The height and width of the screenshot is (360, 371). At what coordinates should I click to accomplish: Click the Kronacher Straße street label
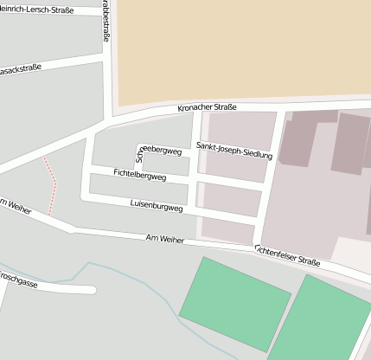point(212,107)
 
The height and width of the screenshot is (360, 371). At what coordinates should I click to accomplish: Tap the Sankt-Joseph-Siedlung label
point(234,150)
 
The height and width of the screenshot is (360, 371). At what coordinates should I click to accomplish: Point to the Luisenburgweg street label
point(156,208)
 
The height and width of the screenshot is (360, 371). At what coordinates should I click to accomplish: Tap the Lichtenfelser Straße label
point(287,255)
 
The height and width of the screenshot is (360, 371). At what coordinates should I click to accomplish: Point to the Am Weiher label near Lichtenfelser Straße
point(164,238)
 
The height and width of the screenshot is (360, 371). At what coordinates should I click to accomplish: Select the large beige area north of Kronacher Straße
point(242,48)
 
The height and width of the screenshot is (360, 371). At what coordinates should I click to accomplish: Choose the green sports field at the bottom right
point(324,320)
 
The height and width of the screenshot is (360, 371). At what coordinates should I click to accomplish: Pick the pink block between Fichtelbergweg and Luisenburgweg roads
point(231,201)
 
